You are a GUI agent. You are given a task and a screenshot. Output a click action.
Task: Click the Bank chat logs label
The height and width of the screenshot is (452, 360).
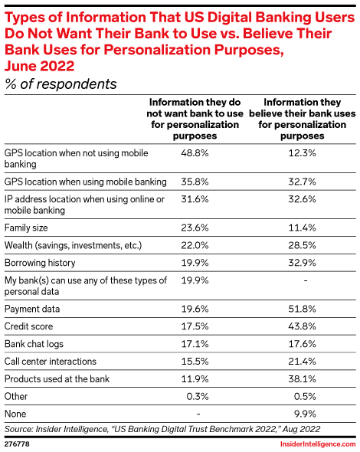pyautogui.click(x=34, y=343)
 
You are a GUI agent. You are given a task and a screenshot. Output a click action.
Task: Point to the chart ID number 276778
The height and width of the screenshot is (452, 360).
pyautogui.click(x=18, y=444)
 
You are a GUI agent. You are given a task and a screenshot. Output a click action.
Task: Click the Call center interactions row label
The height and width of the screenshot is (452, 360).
pyautogui.click(x=51, y=361)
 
